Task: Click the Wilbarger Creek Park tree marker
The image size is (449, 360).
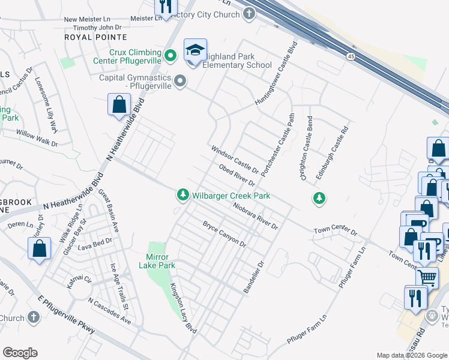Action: tap(182, 195)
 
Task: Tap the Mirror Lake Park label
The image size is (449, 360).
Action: tap(157, 261)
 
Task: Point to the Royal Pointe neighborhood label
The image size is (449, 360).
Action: tap(87, 37)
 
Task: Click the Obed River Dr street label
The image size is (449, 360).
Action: tap(237, 175)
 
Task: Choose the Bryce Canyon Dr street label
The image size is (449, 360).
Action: tap(224, 235)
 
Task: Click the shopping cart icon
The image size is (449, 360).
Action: tap(427, 277)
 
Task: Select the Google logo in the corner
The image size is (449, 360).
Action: tap(20, 353)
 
